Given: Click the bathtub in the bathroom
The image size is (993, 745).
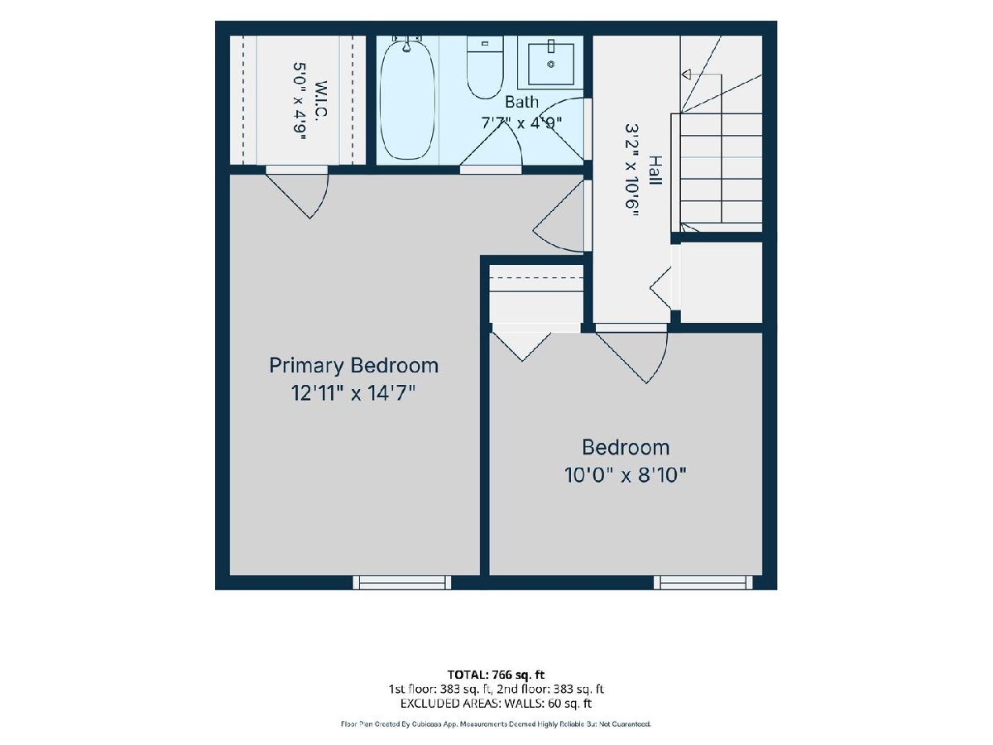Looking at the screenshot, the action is [x=407, y=99].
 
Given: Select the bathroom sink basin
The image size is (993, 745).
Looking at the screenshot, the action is [x=551, y=64].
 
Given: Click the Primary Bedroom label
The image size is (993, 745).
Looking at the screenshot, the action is [x=354, y=366].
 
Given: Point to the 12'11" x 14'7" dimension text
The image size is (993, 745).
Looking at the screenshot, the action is [x=353, y=393].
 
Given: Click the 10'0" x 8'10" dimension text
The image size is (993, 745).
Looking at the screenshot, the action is [x=626, y=475].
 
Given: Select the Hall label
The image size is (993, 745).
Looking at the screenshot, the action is [x=655, y=170].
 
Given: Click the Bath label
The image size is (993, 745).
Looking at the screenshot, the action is [x=521, y=102].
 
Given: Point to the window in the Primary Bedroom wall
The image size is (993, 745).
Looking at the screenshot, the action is [x=401, y=582].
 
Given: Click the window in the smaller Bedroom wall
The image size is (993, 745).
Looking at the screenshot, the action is [x=703, y=582].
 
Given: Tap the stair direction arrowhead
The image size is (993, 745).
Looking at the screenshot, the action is [x=686, y=74].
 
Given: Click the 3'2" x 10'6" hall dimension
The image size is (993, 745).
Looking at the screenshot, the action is [x=631, y=171].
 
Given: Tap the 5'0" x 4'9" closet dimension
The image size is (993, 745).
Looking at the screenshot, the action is [x=300, y=101].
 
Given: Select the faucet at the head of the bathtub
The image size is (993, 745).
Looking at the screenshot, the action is [x=406, y=41].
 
